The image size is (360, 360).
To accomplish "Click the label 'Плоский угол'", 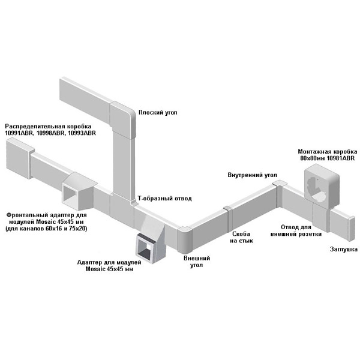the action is [158, 113].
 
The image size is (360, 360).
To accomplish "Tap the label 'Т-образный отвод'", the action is [164, 198].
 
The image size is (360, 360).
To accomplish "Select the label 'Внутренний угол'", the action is [253, 175].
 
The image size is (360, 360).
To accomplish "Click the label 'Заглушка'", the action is [344, 249].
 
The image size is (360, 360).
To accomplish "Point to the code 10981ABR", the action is [340, 158].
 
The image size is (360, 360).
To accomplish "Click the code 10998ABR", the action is [50, 133].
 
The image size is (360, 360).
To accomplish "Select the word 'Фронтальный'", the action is [28, 215].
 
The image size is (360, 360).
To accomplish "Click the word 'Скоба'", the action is [241, 234].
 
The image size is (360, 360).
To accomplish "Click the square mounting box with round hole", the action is [322, 187].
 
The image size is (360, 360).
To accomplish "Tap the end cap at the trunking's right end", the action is [351, 229].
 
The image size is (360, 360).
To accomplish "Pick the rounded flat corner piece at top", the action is [123, 120].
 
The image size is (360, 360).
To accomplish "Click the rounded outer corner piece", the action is [185, 239].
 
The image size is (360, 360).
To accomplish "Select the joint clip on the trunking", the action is [228, 218].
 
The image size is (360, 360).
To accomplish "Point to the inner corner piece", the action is [279, 194].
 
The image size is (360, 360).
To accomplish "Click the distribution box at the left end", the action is [20, 158].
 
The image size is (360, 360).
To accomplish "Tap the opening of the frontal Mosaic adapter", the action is [70, 194].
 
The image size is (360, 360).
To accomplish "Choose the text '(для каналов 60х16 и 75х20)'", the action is [46, 229].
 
